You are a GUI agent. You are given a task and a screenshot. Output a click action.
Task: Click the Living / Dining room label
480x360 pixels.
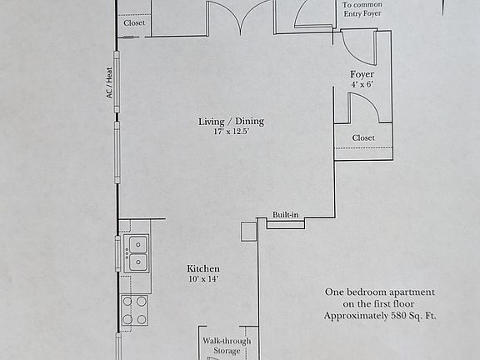pyautogui.click(x=231, y=122)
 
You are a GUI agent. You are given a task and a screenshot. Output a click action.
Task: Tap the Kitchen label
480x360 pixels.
pyautogui.click(x=203, y=268)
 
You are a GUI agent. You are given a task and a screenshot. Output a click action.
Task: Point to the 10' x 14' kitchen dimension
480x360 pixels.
pyautogui.click(x=203, y=279)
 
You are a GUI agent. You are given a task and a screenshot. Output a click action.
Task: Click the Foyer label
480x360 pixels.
pyautogui.click(x=362, y=75)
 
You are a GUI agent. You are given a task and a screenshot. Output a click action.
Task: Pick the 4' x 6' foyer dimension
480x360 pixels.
pyautogui.click(x=362, y=85)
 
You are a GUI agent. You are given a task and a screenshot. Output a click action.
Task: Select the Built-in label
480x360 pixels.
pyautogui.click(x=285, y=216)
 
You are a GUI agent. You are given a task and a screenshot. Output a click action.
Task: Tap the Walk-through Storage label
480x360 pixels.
pyautogui.click(x=226, y=346)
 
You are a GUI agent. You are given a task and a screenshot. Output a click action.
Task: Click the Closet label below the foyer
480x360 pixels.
pyautogui.click(x=363, y=137)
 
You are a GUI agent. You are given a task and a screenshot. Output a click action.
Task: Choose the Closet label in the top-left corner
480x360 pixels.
pyautogui.click(x=134, y=23)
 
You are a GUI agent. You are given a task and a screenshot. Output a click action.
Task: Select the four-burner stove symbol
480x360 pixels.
pyautogui.click(x=135, y=310)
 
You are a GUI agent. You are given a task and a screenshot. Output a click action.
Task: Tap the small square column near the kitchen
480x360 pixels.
pyautogui.click(x=248, y=231)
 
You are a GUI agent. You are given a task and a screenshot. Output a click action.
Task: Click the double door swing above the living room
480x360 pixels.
pyautogui.click(x=240, y=17)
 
